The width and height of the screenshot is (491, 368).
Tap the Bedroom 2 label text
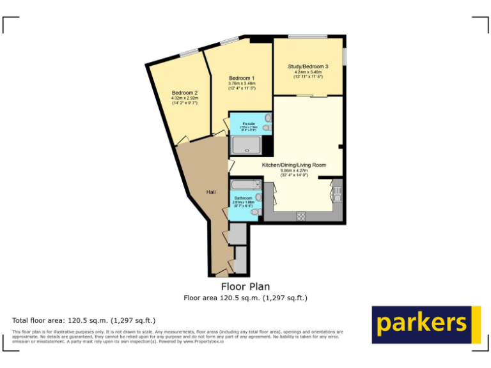184,93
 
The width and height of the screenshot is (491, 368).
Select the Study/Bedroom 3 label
308,66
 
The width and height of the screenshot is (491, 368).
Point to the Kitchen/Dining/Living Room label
294,165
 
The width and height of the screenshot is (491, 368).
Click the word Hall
211,192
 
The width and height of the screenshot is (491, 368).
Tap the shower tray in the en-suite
245,147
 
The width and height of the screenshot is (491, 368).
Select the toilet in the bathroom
256,211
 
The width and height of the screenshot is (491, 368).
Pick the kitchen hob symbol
301,217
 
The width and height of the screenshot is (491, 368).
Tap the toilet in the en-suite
266,128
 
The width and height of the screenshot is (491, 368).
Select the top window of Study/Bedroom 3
308,36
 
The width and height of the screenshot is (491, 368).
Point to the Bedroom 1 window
229,41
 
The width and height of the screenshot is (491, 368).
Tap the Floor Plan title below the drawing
245,287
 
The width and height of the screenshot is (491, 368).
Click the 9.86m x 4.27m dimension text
294,171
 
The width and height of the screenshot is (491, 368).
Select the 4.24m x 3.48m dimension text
308,72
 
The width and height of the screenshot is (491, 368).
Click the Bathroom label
243,198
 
